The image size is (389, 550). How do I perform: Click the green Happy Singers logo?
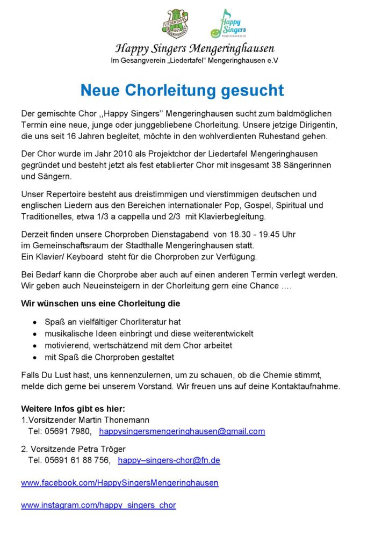[x=227, y=24]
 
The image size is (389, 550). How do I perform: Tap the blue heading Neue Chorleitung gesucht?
[x=182, y=90]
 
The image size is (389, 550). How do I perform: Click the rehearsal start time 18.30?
[x=223, y=235]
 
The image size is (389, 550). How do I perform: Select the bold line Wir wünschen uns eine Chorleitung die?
[x=100, y=303]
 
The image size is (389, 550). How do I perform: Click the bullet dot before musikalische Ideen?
[x=35, y=334]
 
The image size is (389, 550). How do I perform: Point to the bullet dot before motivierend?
[x=35, y=346]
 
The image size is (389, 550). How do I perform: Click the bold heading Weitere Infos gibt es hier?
[x=73, y=409]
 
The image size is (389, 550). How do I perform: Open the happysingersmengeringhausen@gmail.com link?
[x=182, y=431]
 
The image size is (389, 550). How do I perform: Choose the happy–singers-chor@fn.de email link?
[x=169, y=460]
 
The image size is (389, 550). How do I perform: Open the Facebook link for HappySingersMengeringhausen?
[x=120, y=483]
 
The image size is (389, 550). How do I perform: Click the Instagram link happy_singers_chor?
[x=98, y=505]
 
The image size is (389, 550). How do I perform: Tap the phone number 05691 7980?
[x=67, y=431]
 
